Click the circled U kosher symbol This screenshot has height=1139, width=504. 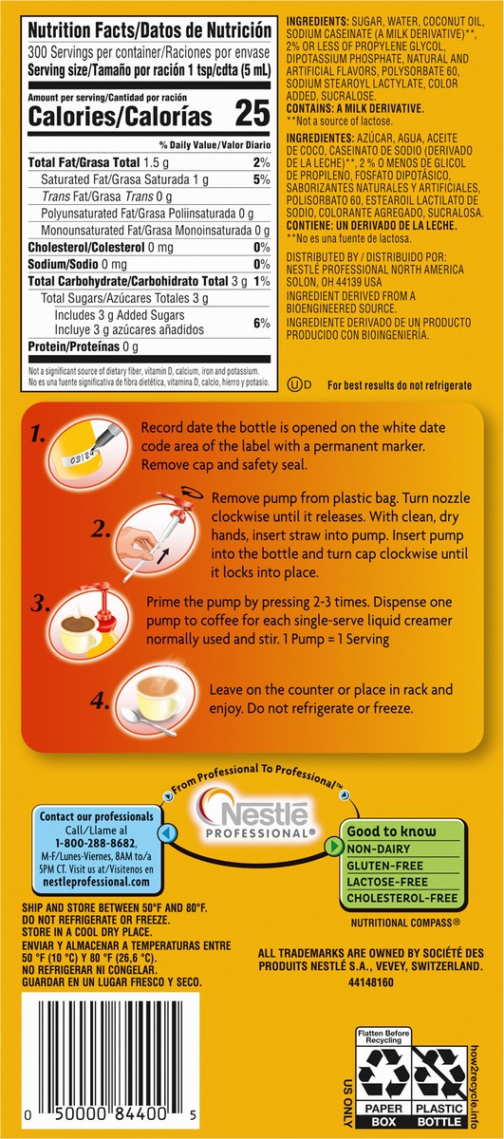[296, 385]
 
